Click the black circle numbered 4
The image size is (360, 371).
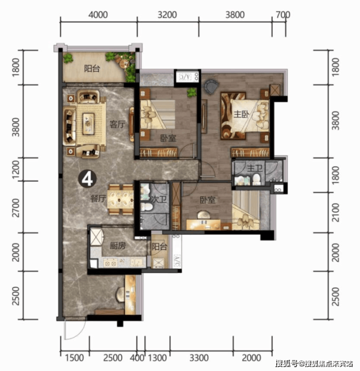coord(88,179)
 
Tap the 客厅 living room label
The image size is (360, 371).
coord(117,124)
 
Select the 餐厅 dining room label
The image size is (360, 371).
coord(98,198)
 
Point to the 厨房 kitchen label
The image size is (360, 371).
coord(118,246)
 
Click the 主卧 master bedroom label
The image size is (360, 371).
coord(241,114)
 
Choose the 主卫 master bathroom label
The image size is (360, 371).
coord(254,168)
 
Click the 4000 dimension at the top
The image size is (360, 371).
coord(98,15)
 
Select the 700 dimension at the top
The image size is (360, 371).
coord(283,15)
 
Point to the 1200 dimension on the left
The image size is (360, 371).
coord(16,169)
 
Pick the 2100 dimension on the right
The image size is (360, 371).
coord(335,212)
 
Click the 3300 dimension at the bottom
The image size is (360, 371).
coord(199,358)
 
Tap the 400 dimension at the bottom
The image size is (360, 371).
coord(137,358)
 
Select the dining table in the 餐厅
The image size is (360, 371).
coord(120,200)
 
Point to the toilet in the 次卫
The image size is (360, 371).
coord(146,207)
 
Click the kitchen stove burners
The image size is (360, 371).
coord(110,263)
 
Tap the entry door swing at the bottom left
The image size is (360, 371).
coord(74,329)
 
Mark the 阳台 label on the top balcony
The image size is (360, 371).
coord(92,69)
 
